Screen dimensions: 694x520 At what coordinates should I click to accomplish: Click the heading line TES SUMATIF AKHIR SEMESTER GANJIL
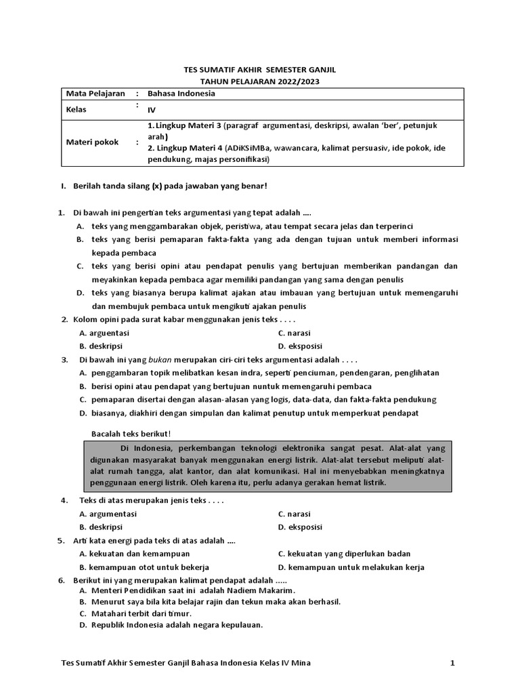click(x=259, y=70)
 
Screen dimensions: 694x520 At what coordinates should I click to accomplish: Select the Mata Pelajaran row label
click(x=91, y=94)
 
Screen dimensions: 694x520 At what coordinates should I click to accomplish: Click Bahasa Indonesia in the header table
click(x=181, y=94)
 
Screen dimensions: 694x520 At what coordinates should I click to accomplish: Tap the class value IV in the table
click(x=152, y=109)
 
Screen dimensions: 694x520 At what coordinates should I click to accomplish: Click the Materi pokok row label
click(x=92, y=142)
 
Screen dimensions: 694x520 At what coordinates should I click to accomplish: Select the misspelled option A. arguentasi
click(x=104, y=333)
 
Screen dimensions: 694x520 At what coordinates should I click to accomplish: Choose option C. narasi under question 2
click(x=295, y=333)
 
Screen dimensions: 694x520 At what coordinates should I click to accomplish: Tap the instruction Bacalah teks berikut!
click(x=131, y=434)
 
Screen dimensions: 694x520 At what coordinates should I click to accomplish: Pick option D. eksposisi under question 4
click(x=300, y=527)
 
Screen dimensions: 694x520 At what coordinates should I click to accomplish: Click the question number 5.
click(x=62, y=541)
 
